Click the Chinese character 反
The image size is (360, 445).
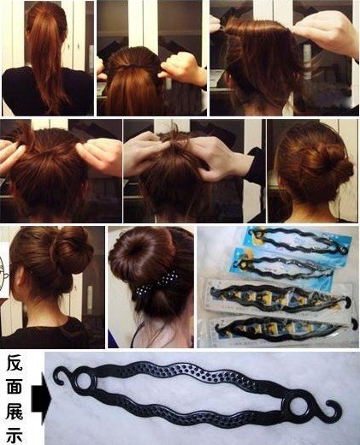point(15,363)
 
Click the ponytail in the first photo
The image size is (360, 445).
point(49,57)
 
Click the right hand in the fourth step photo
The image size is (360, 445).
point(100,154)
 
